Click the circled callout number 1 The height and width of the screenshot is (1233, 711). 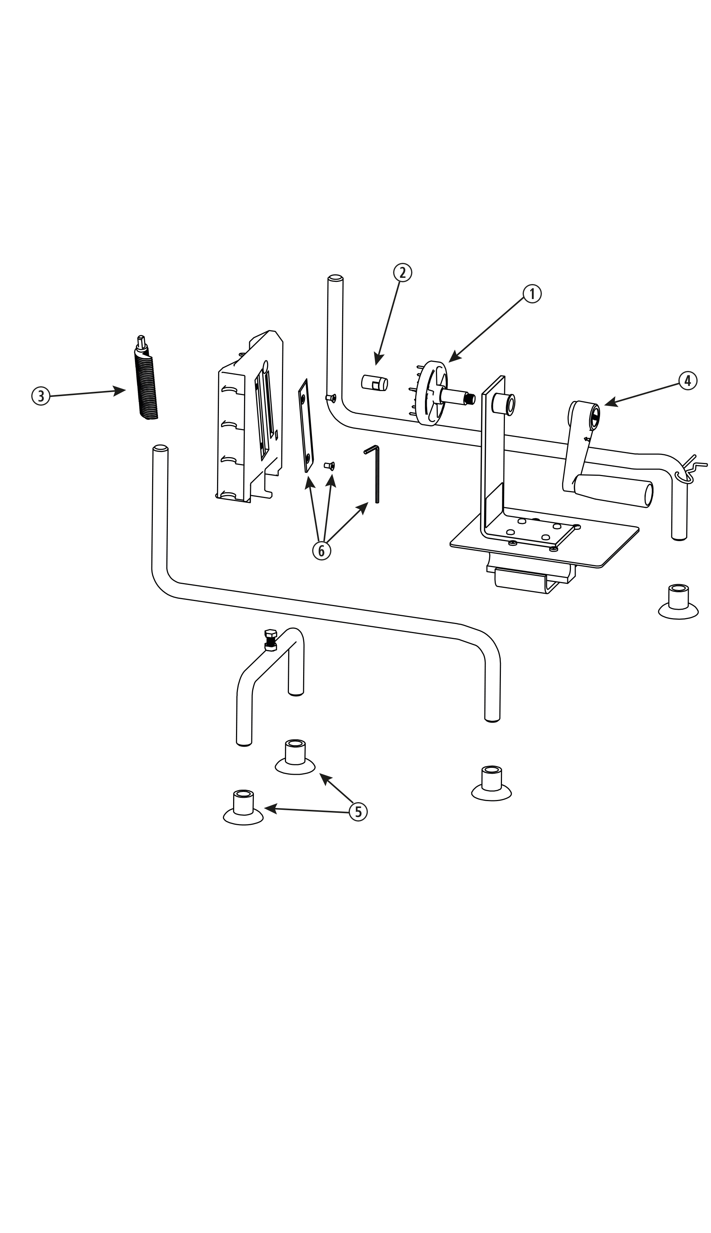click(x=532, y=294)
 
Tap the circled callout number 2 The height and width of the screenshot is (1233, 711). click(x=402, y=273)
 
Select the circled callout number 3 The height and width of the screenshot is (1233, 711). click(x=40, y=396)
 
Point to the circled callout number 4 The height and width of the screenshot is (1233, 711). click(x=687, y=380)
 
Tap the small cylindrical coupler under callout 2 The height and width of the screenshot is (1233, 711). click(x=374, y=382)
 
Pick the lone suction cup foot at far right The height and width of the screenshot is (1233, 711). click(x=678, y=602)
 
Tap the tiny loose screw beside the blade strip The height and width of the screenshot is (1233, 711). click(x=330, y=466)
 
